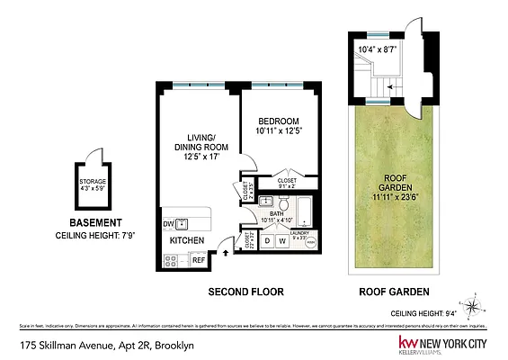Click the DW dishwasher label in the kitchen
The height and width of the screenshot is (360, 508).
167,224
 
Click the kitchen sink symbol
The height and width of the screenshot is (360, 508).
183,224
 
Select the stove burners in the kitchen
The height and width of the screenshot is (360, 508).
170,259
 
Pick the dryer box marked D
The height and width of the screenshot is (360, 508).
267,240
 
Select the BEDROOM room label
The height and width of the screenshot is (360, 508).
278,121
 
